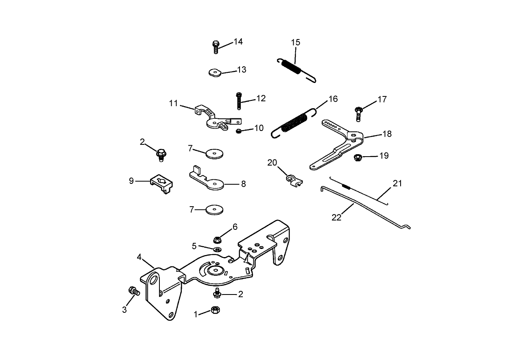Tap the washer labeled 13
[x=214, y=72]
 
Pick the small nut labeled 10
[x=239, y=131]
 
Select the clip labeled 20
[x=292, y=179]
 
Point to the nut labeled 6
[x=217, y=239]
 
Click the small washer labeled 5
[x=217, y=249]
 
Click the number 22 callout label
[x=336, y=217]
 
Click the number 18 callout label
[x=387, y=133]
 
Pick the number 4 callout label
[x=139, y=257]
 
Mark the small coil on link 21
[x=347, y=187]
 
